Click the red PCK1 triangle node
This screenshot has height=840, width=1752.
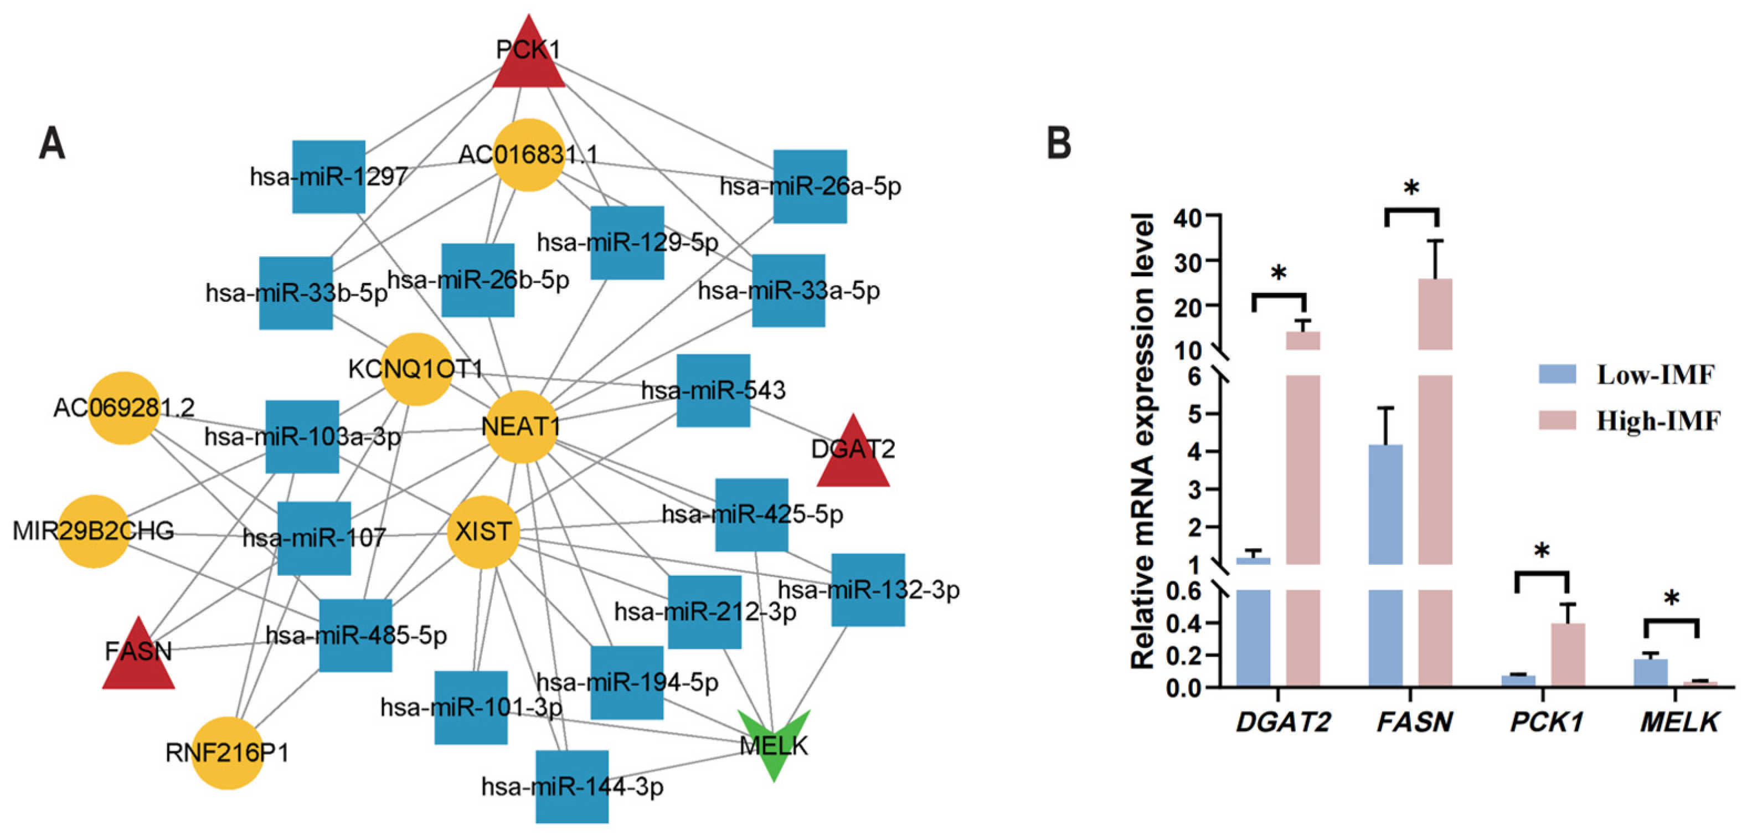[528, 58]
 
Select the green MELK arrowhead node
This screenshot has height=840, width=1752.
[774, 741]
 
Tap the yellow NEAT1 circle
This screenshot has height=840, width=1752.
[521, 427]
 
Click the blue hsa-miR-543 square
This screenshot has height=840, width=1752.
[713, 390]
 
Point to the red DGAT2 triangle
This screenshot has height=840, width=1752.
[853, 456]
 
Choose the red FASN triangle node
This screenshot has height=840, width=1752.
[139, 658]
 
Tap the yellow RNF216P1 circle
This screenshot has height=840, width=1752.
[227, 753]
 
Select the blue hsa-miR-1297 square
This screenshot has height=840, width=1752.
[328, 177]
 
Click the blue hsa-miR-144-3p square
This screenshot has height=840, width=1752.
[572, 787]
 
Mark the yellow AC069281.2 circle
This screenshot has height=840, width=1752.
[124, 408]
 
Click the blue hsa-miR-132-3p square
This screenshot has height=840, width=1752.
[868, 590]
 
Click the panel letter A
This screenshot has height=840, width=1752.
[53, 144]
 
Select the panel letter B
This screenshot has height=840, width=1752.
[1059, 144]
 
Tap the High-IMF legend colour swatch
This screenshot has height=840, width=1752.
[1558, 420]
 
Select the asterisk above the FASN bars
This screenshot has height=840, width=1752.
[1411, 188]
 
